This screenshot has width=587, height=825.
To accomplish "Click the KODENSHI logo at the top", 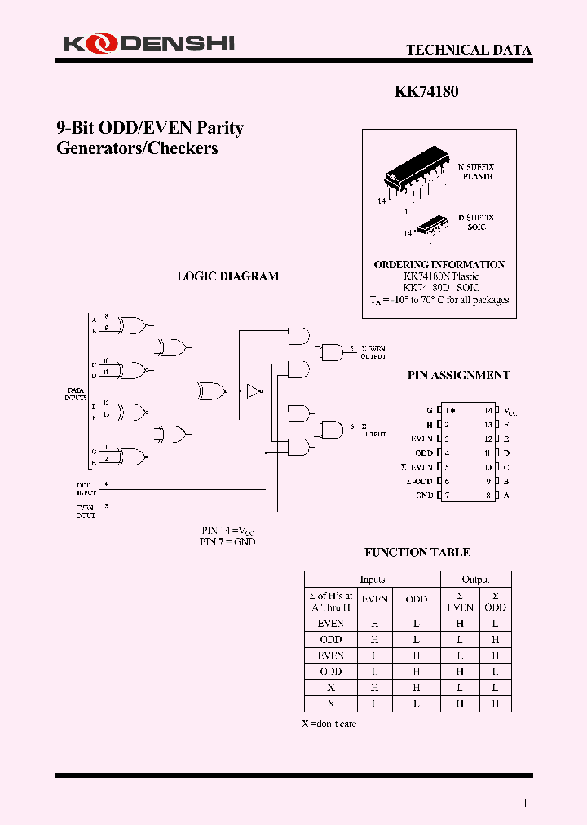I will (x=148, y=42).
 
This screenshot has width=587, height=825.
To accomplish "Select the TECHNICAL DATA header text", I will (x=469, y=50).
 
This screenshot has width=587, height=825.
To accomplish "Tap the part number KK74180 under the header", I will (x=426, y=92).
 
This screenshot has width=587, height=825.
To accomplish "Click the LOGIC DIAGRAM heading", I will (x=227, y=276).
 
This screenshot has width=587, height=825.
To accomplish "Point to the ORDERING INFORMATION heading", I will (x=439, y=264).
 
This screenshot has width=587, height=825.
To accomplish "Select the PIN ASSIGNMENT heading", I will (x=458, y=375).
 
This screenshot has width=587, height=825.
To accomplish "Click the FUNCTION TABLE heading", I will (x=417, y=552).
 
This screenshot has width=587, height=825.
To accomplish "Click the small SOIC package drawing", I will (x=433, y=224).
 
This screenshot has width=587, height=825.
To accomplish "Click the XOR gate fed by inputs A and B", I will (x=134, y=326).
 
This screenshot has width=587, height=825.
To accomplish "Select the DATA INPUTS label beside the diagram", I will (x=76, y=394).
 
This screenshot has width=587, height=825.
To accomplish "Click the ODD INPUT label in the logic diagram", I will (x=86, y=489).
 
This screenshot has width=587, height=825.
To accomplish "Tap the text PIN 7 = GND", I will (x=227, y=541).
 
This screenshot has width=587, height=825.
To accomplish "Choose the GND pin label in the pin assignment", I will (x=424, y=495).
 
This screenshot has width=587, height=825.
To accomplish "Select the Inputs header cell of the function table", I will (x=372, y=579).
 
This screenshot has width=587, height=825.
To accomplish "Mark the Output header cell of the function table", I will (x=475, y=579).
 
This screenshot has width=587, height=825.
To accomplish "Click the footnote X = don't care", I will (x=329, y=724).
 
